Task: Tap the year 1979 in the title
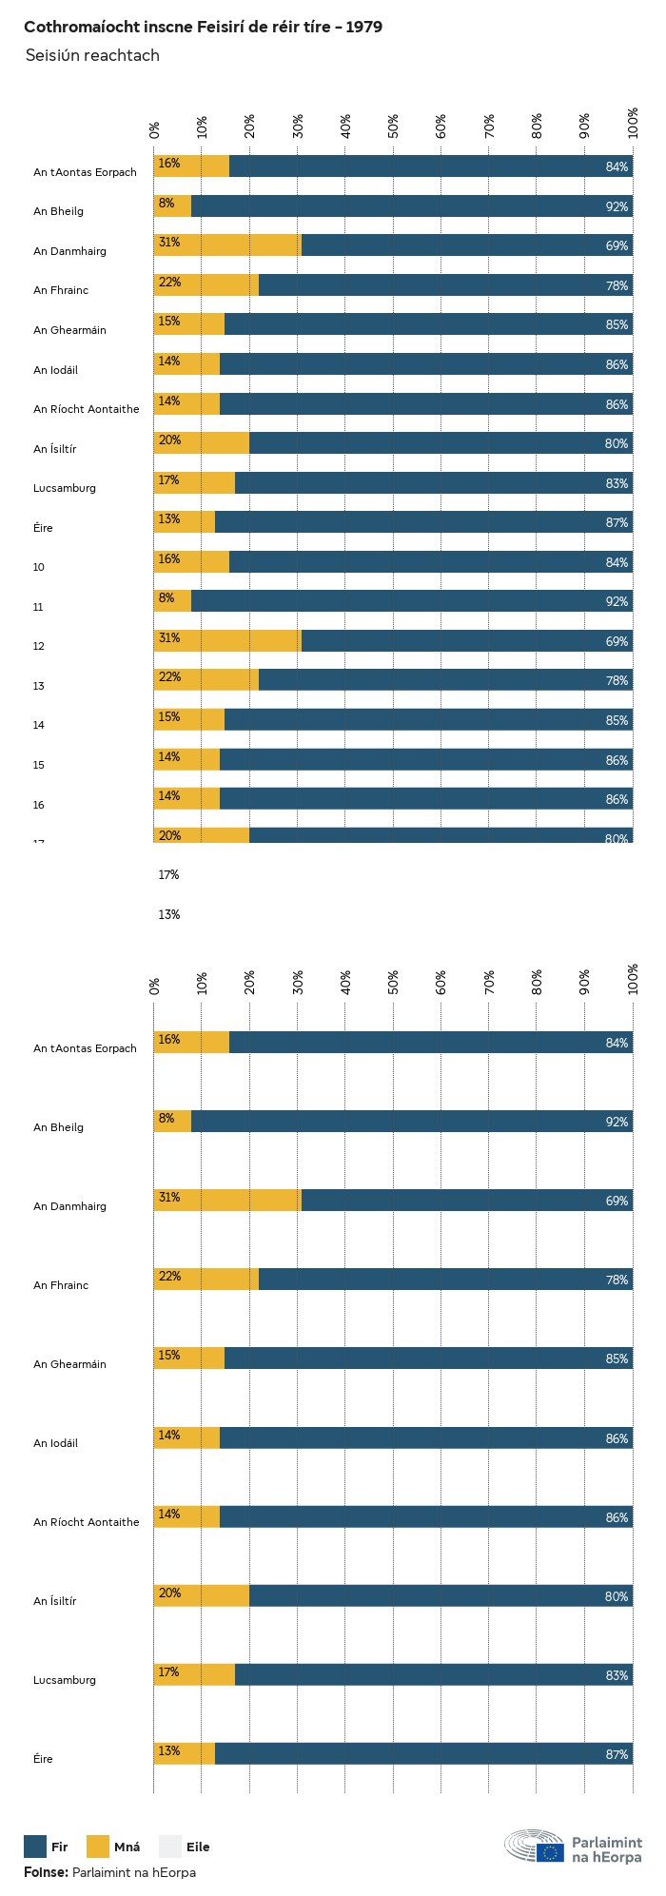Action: click(x=363, y=28)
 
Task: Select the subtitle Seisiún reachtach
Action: click(x=92, y=55)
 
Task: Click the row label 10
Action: click(x=39, y=567)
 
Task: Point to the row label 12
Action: click(x=39, y=646)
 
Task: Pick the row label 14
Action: click(x=39, y=725)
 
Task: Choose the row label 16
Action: click(x=39, y=805)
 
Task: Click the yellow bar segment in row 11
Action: click(x=173, y=600)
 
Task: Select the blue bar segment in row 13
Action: click(x=445, y=679)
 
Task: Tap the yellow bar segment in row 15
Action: click(x=187, y=758)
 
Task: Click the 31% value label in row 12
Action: click(x=169, y=638)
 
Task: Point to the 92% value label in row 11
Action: click(x=617, y=602)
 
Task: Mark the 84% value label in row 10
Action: click(x=617, y=563)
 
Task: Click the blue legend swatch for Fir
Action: click(x=35, y=1847)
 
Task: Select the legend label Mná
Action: click(x=127, y=1847)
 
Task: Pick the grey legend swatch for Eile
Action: click(x=169, y=1847)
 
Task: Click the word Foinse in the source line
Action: click(x=45, y=1872)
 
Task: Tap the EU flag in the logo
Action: click(x=550, y=1852)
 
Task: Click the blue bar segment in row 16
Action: click(x=426, y=798)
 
